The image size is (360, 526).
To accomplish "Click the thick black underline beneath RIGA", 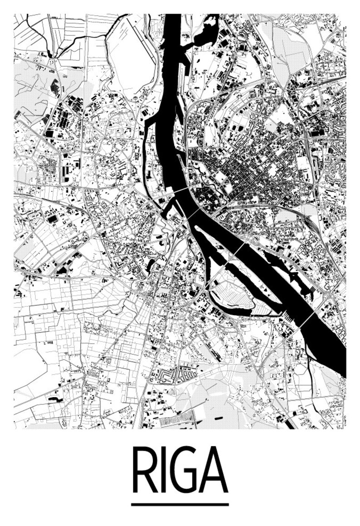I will [x=180, y=504].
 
